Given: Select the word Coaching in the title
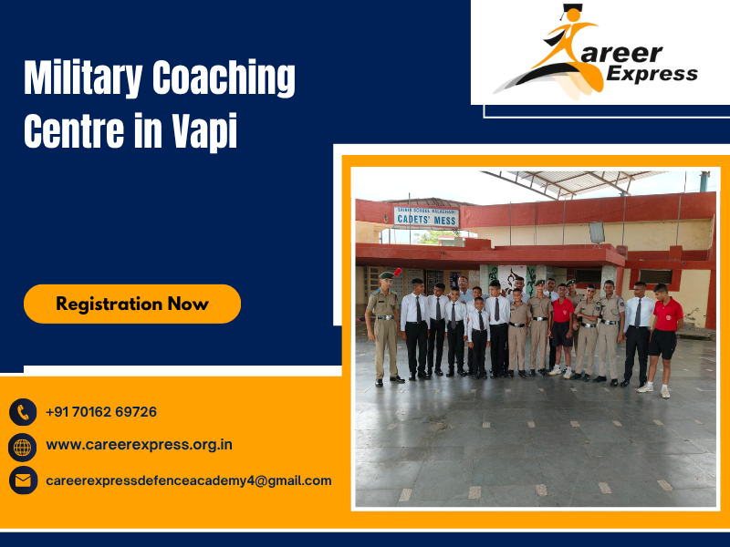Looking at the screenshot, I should click(x=224, y=79).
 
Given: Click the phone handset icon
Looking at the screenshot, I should click(x=23, y=412).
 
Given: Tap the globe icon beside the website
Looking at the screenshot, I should click(x=23, y=446).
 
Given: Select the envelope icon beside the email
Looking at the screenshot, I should click(x=23, y=480).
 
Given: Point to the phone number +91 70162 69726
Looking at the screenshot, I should click(x=101, y=412).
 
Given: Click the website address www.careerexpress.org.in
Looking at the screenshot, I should click(x=139, y=445).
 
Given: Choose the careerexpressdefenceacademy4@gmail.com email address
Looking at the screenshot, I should click(x=189, y=480).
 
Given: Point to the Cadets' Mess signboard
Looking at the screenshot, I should click(x=426, y=216).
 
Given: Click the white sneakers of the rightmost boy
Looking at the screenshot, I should click(x=654, y=389).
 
